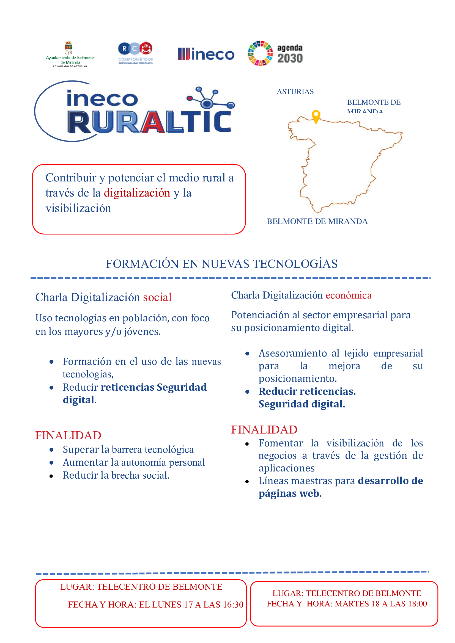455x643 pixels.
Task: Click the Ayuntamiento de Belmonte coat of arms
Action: coord(68,48)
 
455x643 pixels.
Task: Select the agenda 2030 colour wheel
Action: coord(260,53)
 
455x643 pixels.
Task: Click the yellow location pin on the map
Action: coord(316,116)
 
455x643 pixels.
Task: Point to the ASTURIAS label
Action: coord(295,92)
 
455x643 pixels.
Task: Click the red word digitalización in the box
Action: coord(137,193)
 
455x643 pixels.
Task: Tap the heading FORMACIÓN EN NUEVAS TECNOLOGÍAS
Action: coord(222,264)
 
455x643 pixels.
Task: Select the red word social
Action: coord(157,297)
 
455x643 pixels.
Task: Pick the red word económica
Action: coord(349,295)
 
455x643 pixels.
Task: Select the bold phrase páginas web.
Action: coord(290,493)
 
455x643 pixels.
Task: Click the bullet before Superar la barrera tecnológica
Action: coord(51,450)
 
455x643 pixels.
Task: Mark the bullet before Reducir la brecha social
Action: coord(51,476)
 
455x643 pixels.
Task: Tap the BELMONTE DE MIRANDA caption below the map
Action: coord(317,222)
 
